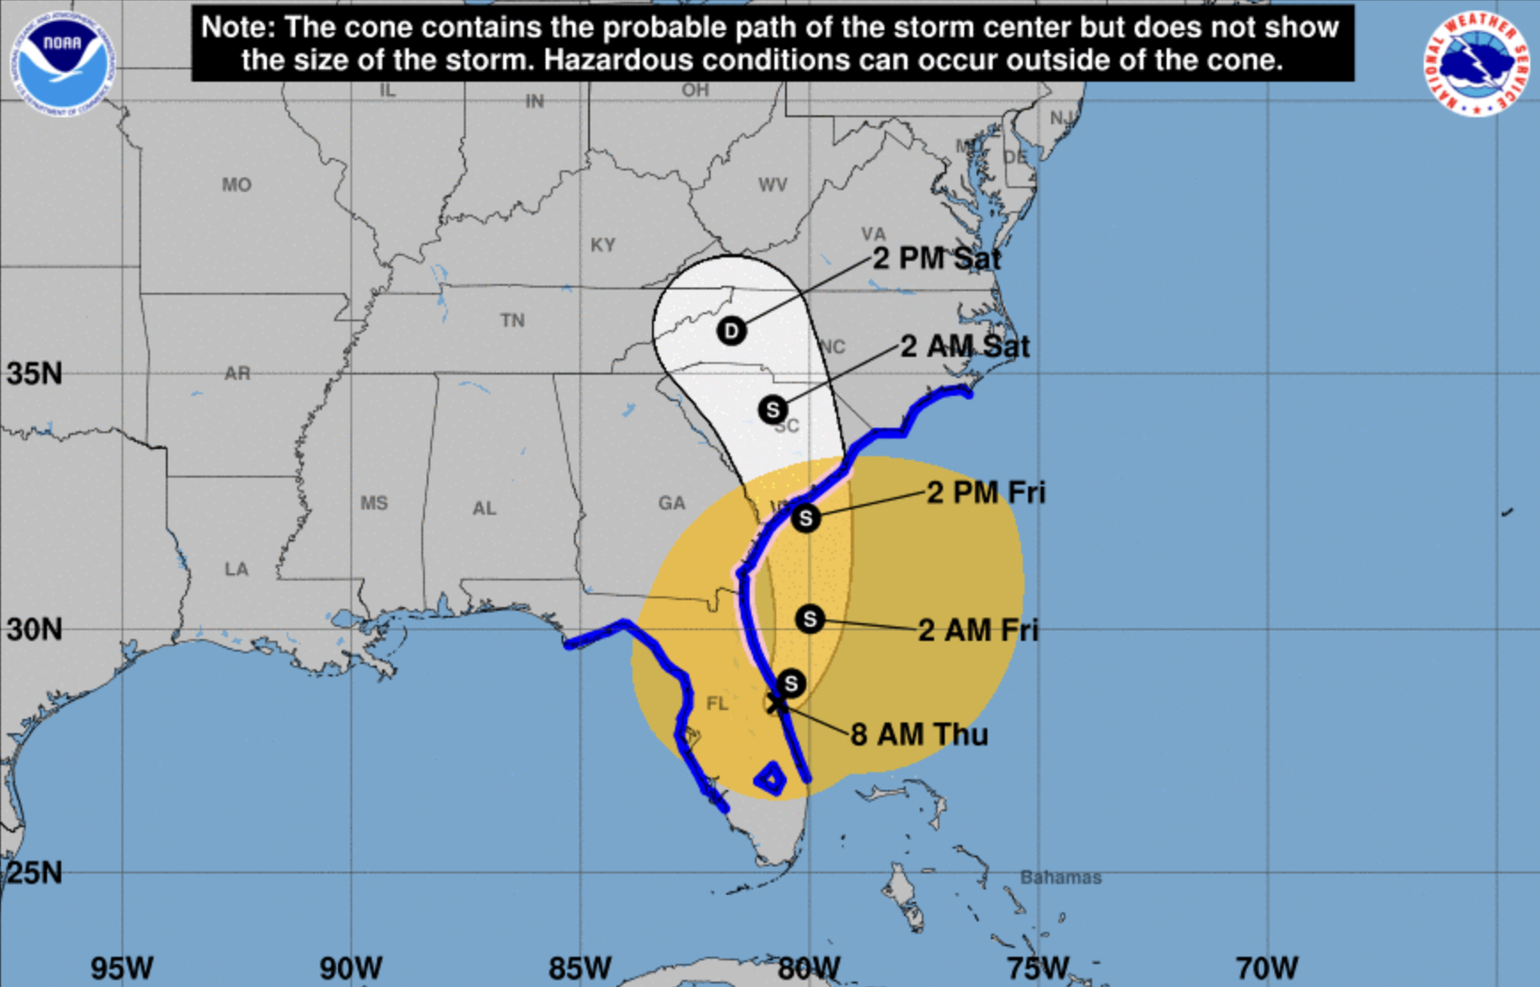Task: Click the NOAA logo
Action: tap(62, 62)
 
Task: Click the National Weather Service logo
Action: tap(1476, 62)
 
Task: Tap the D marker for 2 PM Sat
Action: tap(731, 331)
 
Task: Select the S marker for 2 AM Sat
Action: tap(773, 409)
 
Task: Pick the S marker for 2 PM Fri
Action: tap(805, 517)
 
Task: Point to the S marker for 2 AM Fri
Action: tap(809, 619)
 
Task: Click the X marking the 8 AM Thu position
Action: tap(776, 704)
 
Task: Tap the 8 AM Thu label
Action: tap(919, 735)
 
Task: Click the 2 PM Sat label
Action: tap(937, 258)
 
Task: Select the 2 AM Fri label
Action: tap(978, 630)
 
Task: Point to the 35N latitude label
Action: tap(35, 374)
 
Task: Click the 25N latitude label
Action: tap(35, 873)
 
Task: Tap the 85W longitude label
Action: tap(580, 967)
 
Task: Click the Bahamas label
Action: tap(1060, 877)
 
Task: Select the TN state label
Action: tap(512, 320)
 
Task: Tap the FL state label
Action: tap(717, 704)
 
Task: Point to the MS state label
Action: tap(373, 503)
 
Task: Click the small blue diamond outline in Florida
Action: tap(770, 778)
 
